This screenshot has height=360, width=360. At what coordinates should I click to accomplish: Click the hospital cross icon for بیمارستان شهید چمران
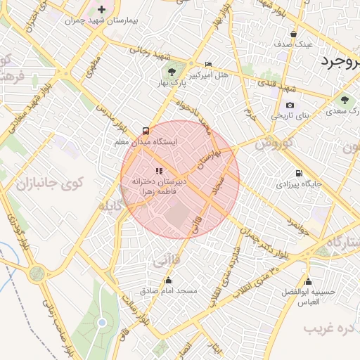103,9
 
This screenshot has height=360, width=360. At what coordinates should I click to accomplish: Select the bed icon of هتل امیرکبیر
207,63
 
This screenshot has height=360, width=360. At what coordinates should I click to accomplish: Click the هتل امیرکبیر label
209,74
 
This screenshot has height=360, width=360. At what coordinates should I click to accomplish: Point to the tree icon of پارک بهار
172,72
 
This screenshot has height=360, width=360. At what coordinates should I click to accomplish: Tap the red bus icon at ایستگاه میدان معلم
146,130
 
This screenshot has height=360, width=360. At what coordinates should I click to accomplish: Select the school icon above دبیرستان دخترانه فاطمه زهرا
159,171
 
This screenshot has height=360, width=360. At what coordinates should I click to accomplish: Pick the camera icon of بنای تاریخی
290,105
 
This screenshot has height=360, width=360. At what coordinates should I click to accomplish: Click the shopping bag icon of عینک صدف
293,34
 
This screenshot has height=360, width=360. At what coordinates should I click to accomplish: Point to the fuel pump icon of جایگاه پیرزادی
300,174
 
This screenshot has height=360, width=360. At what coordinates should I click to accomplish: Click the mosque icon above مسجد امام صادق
167,281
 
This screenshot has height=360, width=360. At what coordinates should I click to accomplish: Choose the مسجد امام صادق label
168,290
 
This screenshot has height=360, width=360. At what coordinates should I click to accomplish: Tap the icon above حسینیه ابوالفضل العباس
308,282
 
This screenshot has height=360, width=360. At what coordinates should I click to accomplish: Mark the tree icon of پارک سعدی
344,101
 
